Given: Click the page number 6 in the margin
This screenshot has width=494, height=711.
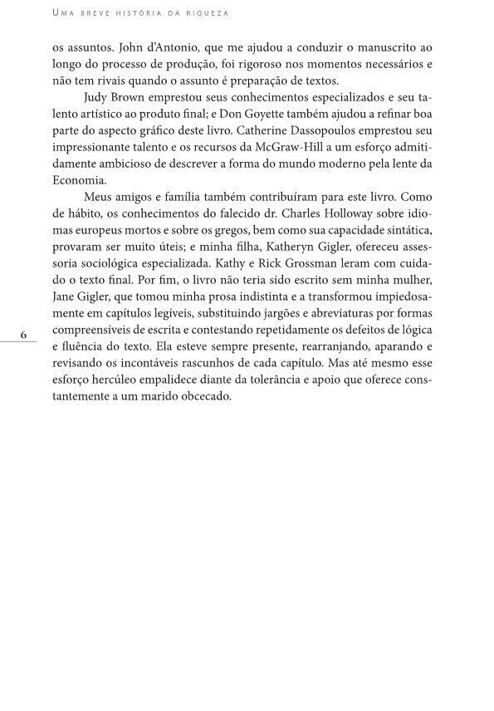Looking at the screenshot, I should click(x=24, y=334).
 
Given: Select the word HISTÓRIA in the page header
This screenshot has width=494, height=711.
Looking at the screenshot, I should click(x=129, y=13).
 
